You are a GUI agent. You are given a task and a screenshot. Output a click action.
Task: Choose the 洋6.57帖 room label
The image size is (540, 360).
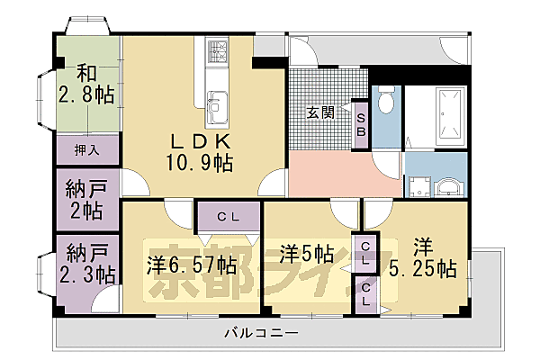pos(192,265)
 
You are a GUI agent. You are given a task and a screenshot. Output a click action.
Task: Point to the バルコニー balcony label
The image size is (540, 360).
pos(262,334)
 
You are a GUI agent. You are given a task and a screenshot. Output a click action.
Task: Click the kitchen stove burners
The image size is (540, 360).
pos(217,54)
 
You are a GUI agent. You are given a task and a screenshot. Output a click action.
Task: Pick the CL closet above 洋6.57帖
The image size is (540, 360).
pos(228,216)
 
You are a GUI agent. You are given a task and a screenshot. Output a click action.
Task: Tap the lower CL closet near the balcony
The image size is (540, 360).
pos(366,294)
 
